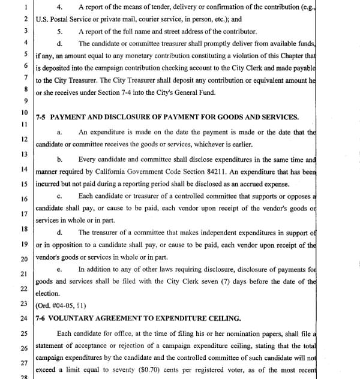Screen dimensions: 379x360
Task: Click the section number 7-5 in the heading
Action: [x=42, y=117]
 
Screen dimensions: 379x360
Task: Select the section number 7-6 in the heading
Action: [x=42, y=318]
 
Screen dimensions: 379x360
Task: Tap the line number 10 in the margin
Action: [x=24, y=113]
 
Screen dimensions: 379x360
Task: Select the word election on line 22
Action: [x=48, y=293]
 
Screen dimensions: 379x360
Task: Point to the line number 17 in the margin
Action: [x=24, y=213]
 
